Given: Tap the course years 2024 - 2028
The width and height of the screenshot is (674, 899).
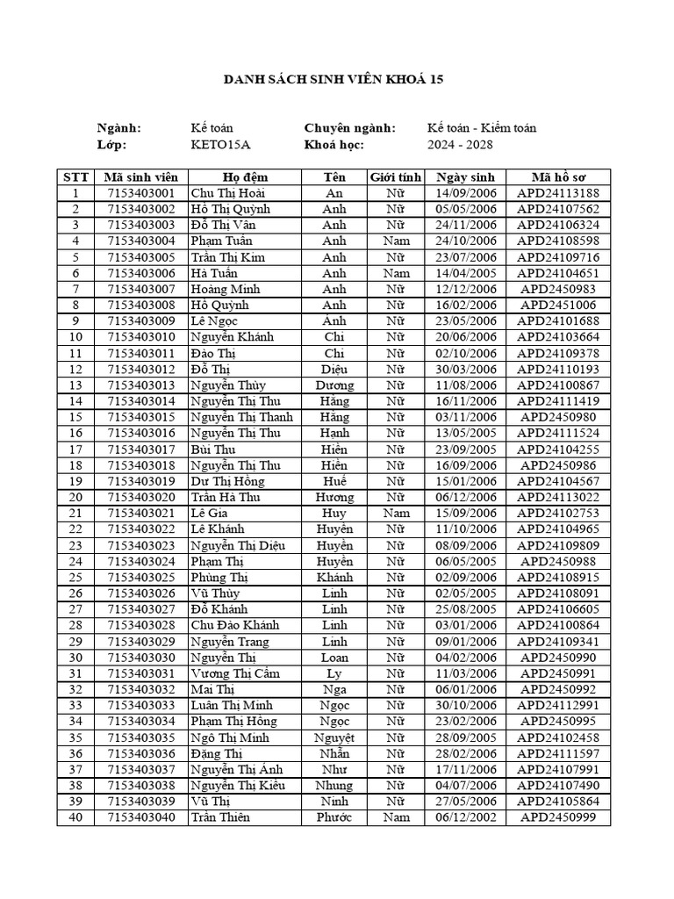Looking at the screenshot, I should pyautogui.click(x=461, y=145).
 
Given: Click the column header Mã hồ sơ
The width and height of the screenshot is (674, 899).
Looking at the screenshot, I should pyautogui.click(x=558, y=176).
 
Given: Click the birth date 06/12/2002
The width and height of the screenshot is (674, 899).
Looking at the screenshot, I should pyautogui.click(x=465, y=817).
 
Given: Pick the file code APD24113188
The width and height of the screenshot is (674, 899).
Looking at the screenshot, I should pyautogui.click(x=558, y=193).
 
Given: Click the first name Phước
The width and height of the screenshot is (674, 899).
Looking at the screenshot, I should pyautogui.click(x=334, y=817).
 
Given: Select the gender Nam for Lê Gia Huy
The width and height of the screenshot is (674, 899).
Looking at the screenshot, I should pyautogui.click(x=396, y=514).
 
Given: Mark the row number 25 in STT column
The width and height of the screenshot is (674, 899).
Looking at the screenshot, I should pyautogui.click(x=75, y=578).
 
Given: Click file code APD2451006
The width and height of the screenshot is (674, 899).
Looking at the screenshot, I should pyautogui.click(x=558, y=306).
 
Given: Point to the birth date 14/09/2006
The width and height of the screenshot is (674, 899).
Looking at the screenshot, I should pyautogui.click(x=465, y=193).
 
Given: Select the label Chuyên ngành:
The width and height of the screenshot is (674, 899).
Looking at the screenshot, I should pyautogui.click(x=349, y=128).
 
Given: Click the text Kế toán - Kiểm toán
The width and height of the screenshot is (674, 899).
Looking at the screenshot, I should pyautogui.click(x=482, y=128).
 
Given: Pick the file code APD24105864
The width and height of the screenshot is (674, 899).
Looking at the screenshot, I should pyautogui.click(x=558, y=802).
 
